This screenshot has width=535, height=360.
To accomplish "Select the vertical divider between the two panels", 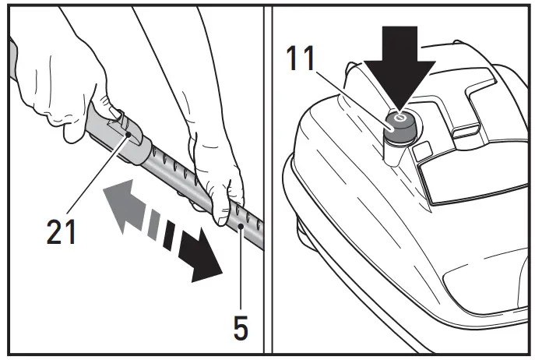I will (267, 179).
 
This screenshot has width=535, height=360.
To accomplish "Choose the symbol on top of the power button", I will (399, 118).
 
